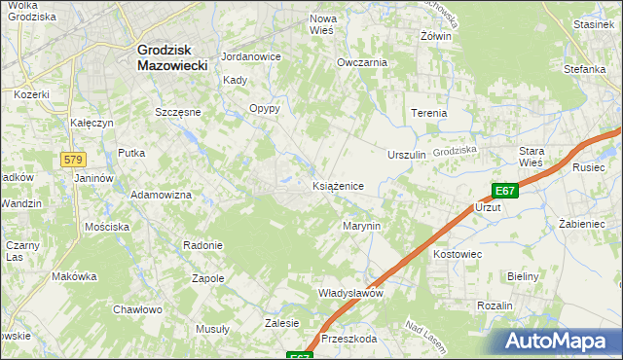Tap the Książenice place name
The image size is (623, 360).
coord(338,185)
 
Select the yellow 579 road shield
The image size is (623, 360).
coord(73,160)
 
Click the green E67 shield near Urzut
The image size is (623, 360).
coord(504,192)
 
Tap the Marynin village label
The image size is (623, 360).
coord(361,225)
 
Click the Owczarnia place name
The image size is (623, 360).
coord(362,61)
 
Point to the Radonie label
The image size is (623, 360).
coord(204,245)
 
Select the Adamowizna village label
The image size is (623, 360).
coord(162,195)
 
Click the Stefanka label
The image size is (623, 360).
coord(585,69)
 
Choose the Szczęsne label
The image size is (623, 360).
coord(178,112)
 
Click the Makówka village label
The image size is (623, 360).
coord(75,276)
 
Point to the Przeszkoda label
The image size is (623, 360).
coord(348,340)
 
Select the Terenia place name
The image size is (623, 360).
coord(428,113)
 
